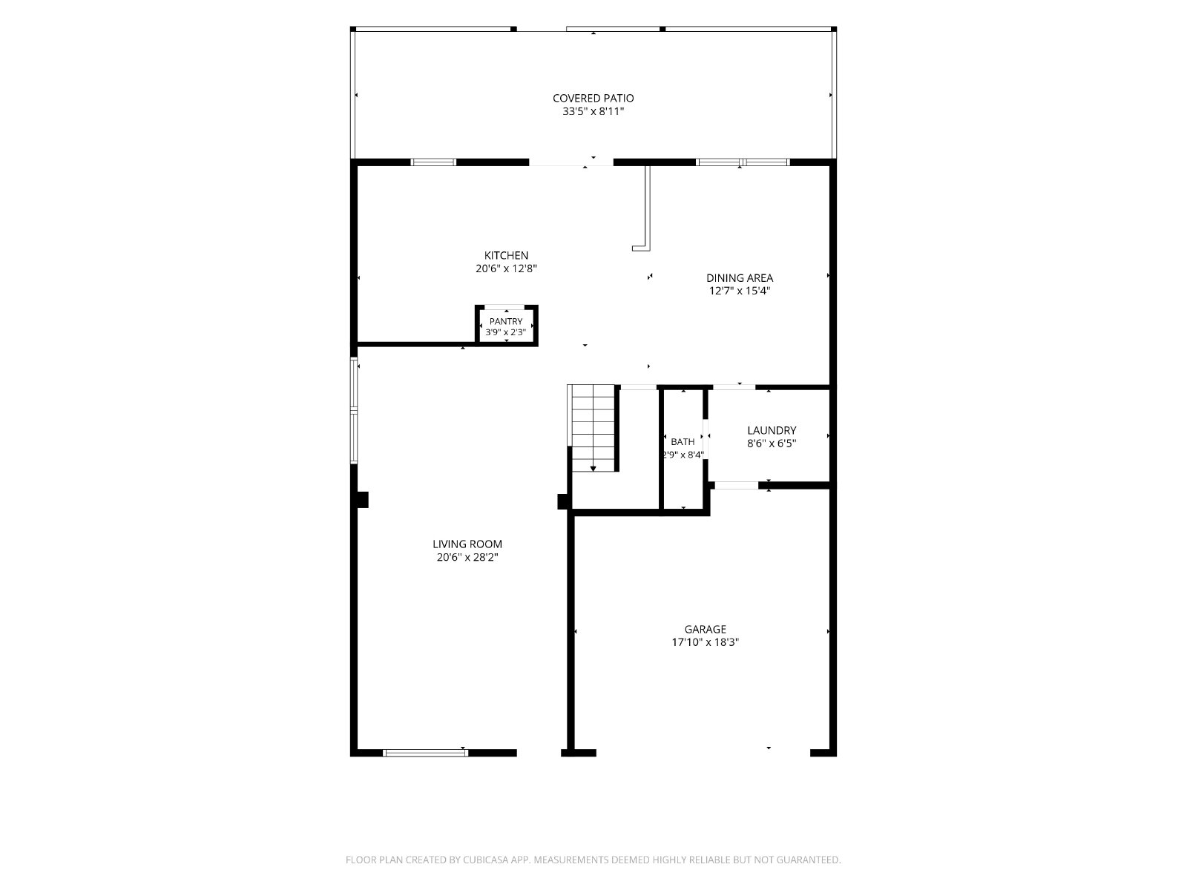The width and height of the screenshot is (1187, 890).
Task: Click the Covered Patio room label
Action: tap(593, 98)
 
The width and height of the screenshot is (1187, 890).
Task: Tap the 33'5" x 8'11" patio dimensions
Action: tap(593, 111)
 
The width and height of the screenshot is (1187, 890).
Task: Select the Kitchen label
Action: tap(506, 255)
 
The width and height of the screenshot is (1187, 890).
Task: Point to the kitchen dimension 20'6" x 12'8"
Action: tap(506, 268)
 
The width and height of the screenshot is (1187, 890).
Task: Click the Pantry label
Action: tap(506, 322)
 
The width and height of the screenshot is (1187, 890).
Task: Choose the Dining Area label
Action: tap(739, 277)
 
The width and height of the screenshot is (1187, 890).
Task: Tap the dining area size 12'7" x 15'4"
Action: tap(739, 291)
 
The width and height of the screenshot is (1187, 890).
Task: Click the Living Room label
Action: tap(467, 544)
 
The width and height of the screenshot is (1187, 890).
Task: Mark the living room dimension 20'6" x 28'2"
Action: tap(467, 558)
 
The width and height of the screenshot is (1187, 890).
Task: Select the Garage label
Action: tap(705, 629)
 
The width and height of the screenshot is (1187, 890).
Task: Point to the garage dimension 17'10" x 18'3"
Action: tap(705, 642)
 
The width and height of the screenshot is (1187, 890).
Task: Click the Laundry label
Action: tap(771, 430)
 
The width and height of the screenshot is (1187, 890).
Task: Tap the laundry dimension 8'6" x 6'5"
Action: tap(771, 444)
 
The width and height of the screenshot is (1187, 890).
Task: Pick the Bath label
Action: tap(683, 442)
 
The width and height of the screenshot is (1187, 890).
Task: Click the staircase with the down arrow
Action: tap(593, 427)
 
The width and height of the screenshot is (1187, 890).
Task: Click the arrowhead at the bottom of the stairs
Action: tap(593, 469)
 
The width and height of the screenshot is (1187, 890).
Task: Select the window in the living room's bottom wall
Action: tap(425, 753)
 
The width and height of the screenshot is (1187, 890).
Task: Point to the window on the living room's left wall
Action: tap(354, 411)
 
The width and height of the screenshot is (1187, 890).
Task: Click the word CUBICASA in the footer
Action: tap(485, 860)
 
